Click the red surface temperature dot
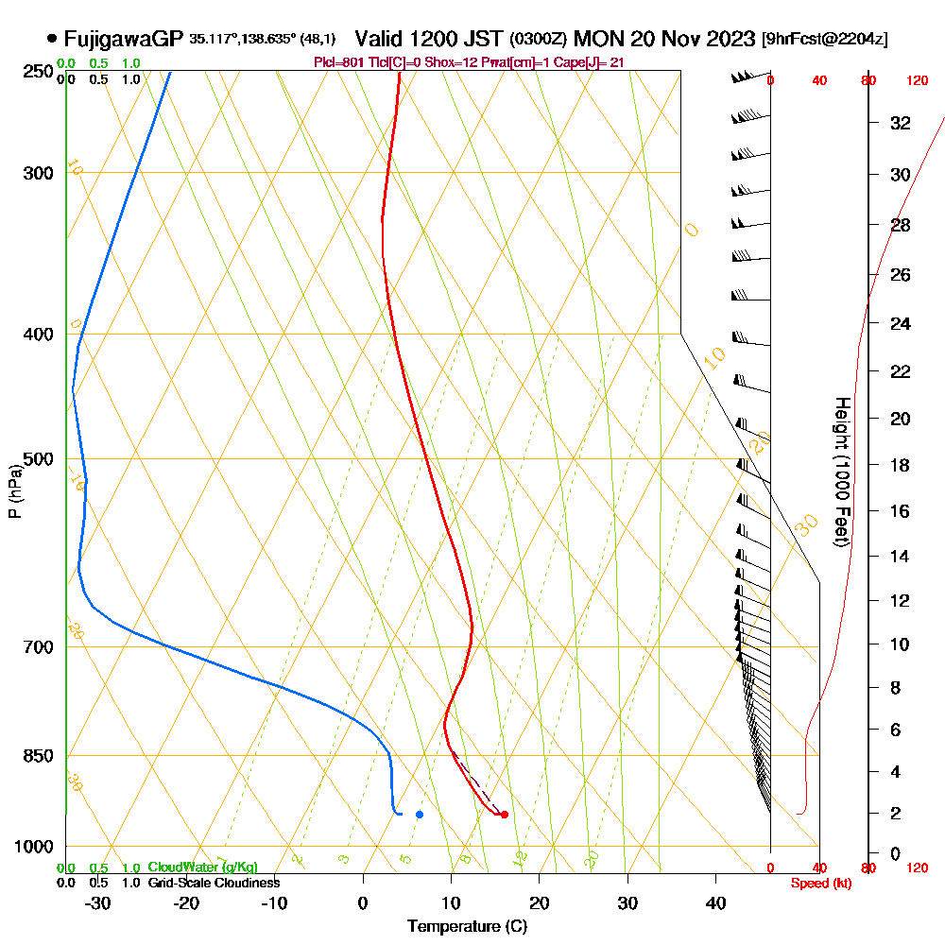coord(504,814)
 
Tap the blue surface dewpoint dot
coord(420,814)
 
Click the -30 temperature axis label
coord(98,902)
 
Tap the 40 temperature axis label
coord(715,902)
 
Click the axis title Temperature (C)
coord(467,927)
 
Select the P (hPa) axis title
coord(14,490)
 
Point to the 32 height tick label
coord(900,123)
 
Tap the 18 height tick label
coord(900,465)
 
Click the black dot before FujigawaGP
coord(51,39)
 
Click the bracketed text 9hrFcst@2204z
coord(824,40)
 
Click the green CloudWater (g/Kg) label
coord(202,868)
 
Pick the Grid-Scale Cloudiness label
coord(214,883)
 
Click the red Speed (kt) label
coord(818,883)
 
